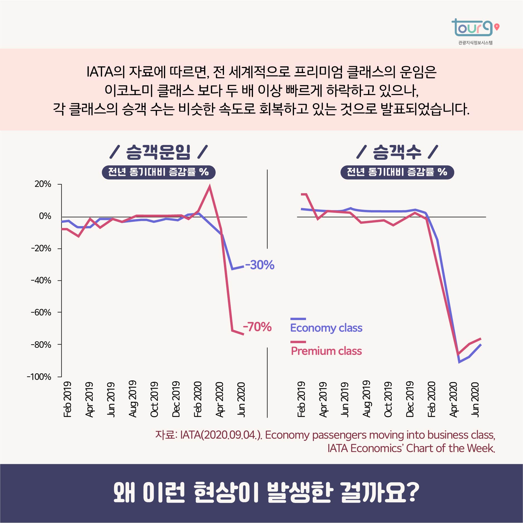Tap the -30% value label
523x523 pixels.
pyautogui.click(x=260, y=265)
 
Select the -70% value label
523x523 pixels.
pyautogui.click(x=257, y=327)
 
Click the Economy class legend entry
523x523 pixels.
pyautogui.click(x=326, y=328)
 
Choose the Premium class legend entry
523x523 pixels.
pyautogui.click(x=326, y=351)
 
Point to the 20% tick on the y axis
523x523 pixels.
pyautogui.click(x=43, y=184)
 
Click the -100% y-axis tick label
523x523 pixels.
pyautogui.click(x=39, y=377)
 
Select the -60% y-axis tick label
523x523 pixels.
pyautogui.click(x=41, y=313)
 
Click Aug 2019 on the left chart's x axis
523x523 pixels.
pyautogui.click(x=133, y=399)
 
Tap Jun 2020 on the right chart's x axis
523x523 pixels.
pyautogui.click(x=475, y=399)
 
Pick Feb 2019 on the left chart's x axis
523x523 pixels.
pyautogui.click(x=68, y=399)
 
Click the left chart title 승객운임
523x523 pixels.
pyautogui.click(x=158, y=152)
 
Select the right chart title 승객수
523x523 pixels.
pyautogui.click(x=397, y=152)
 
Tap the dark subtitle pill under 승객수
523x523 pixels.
pyautogui.click(x=397, y=172)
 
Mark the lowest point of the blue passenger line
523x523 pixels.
pyautogui.click(x=459, y=362)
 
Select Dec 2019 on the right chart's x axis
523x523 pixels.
pyautogui.click(x=410, y=399)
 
